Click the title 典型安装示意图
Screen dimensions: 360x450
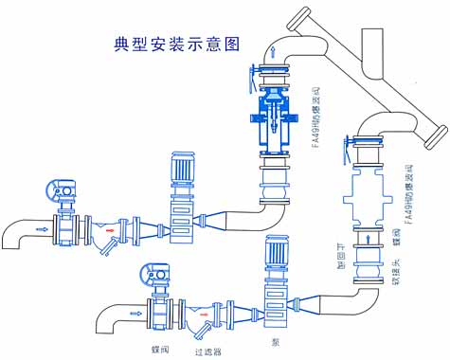click(x=174, y=45)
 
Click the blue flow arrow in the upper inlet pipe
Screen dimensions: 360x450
click(x=41, y=228)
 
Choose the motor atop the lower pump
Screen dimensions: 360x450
click(x=279, y=254)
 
